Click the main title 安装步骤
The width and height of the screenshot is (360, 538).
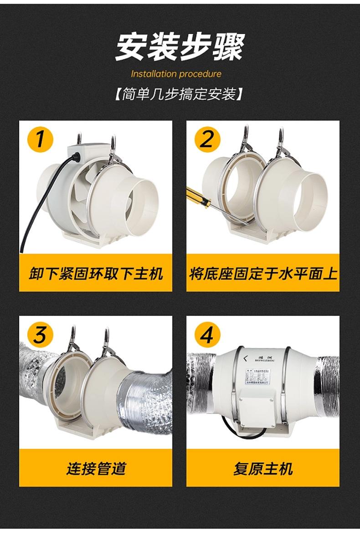click(180, 47)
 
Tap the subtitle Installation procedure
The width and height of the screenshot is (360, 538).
click(176, 74)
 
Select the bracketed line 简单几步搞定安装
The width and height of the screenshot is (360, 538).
click(180, 95)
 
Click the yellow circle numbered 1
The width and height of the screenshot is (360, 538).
click(41, 138)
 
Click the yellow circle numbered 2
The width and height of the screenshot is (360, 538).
click(207, 138)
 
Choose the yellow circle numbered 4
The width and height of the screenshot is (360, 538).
click(207, 336)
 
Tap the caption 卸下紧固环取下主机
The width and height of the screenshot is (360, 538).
click(95, 274)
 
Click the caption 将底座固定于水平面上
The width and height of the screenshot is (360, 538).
click(263, 274)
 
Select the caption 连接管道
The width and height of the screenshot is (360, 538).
click(95, 469)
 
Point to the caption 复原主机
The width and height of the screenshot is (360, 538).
click(263, 469)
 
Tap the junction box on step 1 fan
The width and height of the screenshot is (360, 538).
click(89, 150)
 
